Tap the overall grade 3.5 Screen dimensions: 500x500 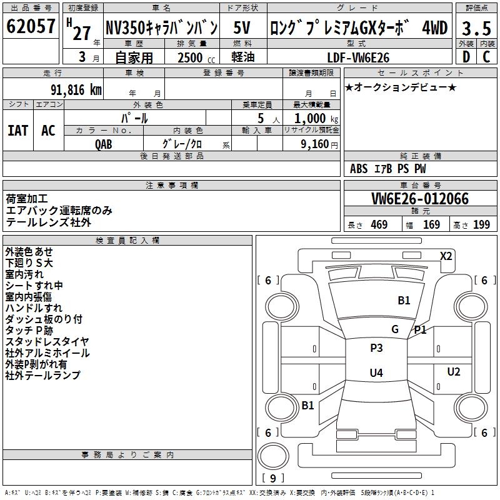tap(476, 29)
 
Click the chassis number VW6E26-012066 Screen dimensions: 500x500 tap(420, 199)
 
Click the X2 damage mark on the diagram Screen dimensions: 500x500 tap(446, 256)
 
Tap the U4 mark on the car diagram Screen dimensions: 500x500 tap(376, 373)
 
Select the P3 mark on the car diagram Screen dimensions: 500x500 tap(376, 348)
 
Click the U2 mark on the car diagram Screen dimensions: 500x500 tap(454, 372)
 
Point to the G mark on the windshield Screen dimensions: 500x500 tap(395, 329)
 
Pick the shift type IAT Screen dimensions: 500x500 tap(17, 130)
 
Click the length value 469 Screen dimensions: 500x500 tap(379, 225)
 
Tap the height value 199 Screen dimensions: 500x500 tap(481, 225)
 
